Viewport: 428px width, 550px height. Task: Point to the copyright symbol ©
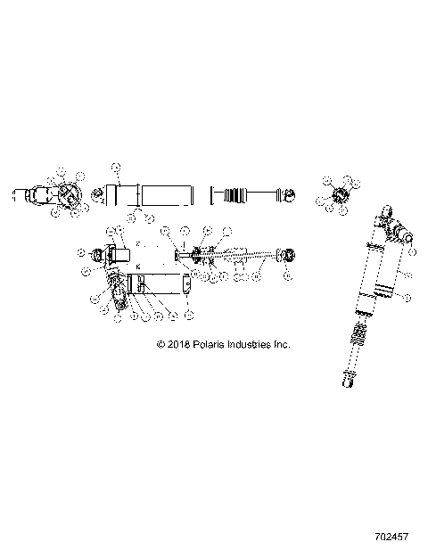coord(160,343)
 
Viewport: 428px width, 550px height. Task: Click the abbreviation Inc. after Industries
coord(282,343)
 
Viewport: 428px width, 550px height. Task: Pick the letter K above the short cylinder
coord(138,267)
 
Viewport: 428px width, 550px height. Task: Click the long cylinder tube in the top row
coord(167,196)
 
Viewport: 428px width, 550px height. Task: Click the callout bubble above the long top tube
coord(115,166)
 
